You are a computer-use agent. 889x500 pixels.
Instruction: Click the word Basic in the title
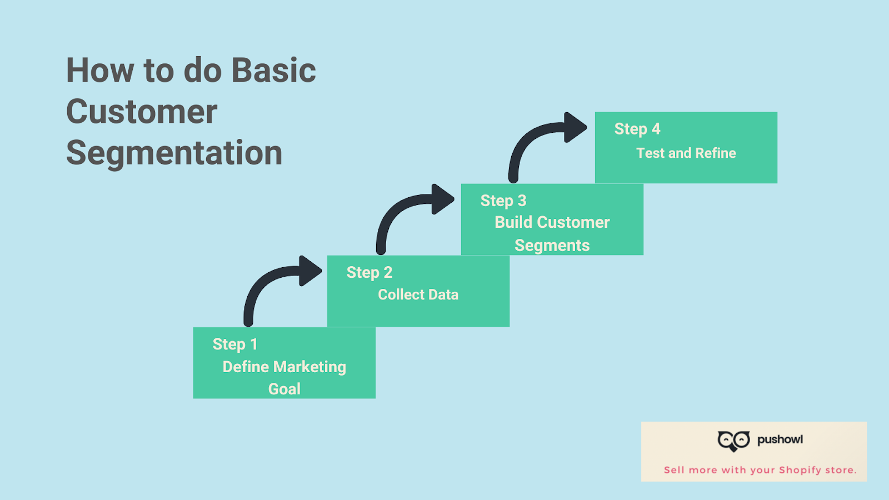point(273,71)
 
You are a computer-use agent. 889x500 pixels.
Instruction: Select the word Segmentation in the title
point(174,153)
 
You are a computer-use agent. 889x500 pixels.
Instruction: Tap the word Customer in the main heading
point(142,112)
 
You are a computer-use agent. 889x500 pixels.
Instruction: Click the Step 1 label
point(235,344)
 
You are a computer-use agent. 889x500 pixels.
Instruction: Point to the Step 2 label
point(369,273)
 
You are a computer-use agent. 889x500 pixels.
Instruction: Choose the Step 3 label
point(503,201)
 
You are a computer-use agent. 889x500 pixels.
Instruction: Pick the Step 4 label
point(637,129)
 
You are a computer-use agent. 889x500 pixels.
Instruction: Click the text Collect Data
point(418,294)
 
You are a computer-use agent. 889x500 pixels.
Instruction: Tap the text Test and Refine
point(686,153)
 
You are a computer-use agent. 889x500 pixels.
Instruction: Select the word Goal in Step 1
point(284,389)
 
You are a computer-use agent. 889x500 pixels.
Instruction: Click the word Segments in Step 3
point(552,246)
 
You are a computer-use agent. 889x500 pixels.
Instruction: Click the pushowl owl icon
point(733,441)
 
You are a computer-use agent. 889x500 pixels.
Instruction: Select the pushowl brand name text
point(780,439)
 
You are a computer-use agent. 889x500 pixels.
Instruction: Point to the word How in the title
point(100,71)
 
